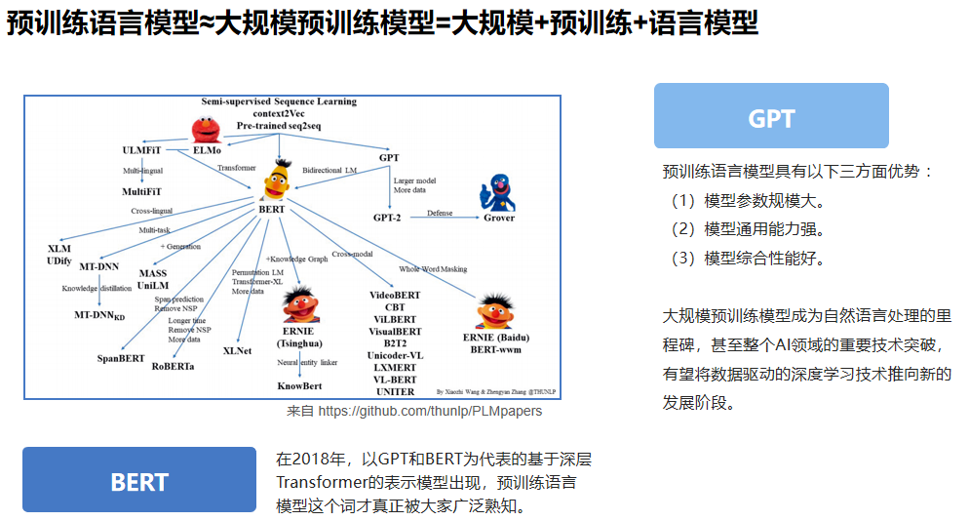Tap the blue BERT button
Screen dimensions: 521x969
(139, 480)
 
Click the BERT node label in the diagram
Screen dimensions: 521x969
(271, 209)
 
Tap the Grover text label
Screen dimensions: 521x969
(499, 218)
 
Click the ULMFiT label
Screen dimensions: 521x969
(143, 150)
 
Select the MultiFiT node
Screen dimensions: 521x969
(142, 191)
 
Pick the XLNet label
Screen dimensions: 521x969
(238, 350)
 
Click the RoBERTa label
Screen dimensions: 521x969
(173, 366)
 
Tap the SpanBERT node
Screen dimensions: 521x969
(121, 358)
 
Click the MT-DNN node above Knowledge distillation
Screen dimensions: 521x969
(100, 265)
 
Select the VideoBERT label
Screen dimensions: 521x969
(395, 295)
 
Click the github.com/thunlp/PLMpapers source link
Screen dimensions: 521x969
(429, 411)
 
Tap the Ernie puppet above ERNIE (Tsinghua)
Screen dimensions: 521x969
(300, 303)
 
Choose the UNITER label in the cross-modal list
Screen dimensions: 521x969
(395, 392)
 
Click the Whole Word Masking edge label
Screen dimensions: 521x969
(433, 269)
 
